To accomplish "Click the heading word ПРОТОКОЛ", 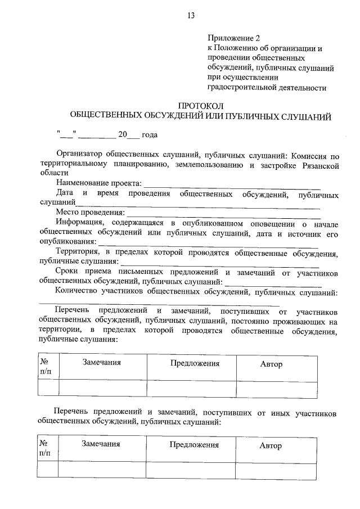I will pyautogui.click(x=201, y=105).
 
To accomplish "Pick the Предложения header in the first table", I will pyautogui.click(x=195, y=363).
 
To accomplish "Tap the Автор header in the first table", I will pyautogui.click(x=271, y=364).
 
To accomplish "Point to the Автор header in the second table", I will pyautogui.click(x=271, y=446).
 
